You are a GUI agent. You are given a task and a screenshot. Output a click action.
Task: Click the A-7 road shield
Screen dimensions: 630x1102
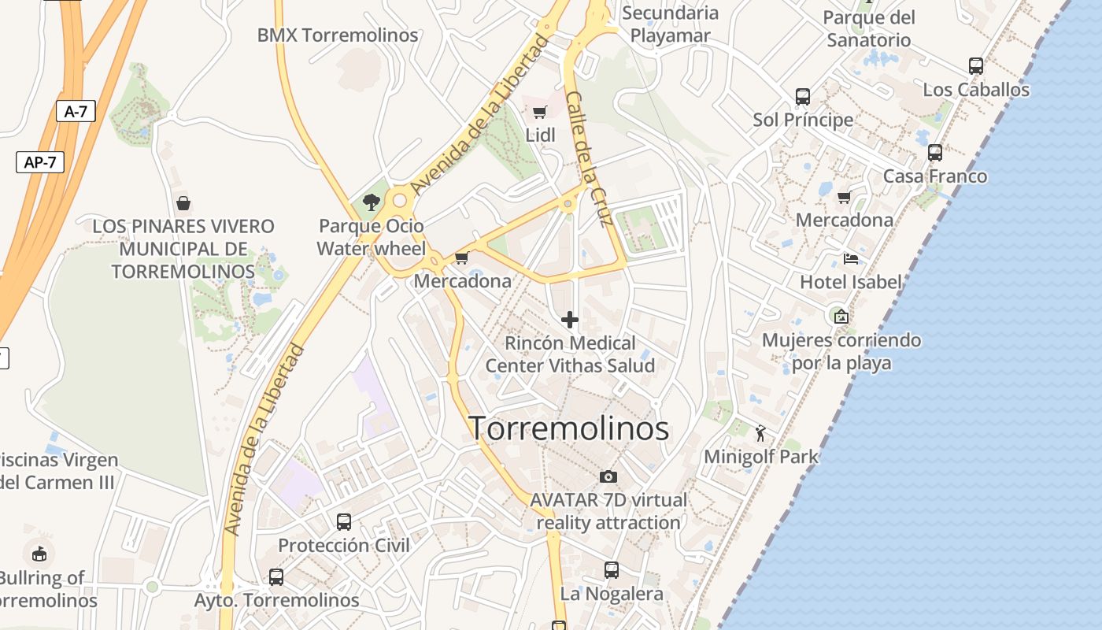tap(76, 112)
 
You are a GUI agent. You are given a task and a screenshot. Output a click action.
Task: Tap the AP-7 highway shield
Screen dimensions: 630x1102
tap(39, 162)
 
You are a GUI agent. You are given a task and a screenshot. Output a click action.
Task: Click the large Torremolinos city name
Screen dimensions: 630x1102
tap(569, 428)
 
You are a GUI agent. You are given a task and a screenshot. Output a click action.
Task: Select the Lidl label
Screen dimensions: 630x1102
tap(540, 135)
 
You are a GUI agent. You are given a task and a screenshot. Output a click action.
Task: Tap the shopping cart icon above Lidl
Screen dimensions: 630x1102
tap(539, 113)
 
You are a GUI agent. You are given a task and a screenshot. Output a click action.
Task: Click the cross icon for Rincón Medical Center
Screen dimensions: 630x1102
tap(570, 320)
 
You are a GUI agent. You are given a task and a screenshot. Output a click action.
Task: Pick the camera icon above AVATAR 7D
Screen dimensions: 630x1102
tap(608, 476)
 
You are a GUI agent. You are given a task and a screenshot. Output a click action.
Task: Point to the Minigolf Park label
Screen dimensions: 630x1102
tap(760, 457)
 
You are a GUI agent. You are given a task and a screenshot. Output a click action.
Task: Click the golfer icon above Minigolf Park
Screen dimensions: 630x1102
tap(760, 433)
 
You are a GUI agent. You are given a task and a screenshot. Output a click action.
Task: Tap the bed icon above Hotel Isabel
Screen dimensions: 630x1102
tap(850, 258)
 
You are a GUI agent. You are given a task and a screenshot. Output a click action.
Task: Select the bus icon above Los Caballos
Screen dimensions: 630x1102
tap(976, 66)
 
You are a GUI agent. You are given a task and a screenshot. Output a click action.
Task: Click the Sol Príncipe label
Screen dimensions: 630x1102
tap(803, 120)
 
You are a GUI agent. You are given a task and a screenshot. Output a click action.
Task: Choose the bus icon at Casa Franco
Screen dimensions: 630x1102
tap(935, 153)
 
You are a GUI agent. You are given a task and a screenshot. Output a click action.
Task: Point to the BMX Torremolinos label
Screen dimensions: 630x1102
tap(338, 35)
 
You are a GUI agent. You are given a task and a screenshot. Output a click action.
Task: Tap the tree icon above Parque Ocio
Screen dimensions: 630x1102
tap(372, 202)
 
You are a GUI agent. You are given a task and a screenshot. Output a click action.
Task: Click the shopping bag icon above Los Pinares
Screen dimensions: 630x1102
tap(183, 203)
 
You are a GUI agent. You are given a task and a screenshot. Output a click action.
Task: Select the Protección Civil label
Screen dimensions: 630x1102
tap(344, 545)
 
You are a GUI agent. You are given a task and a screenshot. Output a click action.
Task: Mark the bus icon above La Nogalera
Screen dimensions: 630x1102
tap(612, 570)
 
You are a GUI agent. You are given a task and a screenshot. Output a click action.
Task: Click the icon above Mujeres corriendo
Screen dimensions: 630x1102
tap(841, 317)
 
